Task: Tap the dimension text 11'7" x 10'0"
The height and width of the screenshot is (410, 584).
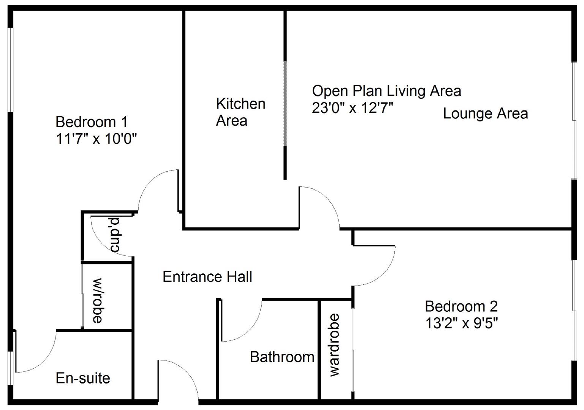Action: tap(96, 139)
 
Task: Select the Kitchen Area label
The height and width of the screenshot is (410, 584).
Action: tap(240, 112)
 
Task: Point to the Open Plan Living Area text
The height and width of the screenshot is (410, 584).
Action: tap(386, 91)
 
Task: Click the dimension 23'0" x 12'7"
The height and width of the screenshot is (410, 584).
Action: tap(352, 109)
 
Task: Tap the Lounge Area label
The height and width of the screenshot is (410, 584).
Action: tap(485, 114)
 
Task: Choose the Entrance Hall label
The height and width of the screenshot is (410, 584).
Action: tap(207, 277)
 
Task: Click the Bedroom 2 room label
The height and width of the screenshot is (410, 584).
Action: tap(461, 306)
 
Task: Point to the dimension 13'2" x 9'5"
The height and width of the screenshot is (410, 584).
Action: tap(461, 323)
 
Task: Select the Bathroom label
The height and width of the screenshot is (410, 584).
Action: tap(282, 357)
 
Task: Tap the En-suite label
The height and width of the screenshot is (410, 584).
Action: tap(83, 378)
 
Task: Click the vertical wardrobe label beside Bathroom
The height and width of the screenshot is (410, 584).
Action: tap(334, 345)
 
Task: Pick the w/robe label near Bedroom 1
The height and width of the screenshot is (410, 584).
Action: tap(98, 301)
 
